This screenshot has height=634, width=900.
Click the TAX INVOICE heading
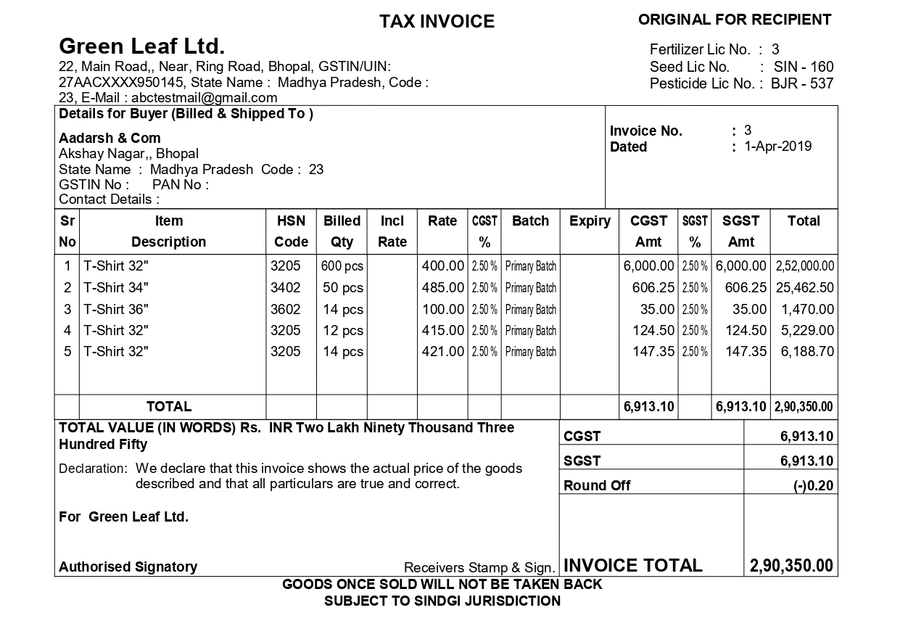[x=437, y=22]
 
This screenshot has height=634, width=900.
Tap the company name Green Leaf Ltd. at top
[x=141, y=47]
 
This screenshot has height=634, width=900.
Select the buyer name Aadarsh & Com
[x=110, y=138]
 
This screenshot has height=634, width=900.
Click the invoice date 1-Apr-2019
[x=777, y=147]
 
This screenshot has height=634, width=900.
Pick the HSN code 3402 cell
[x=285, y=288]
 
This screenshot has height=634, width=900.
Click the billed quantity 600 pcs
[x=342, y=267]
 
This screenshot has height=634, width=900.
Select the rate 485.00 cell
[x=442, y=288]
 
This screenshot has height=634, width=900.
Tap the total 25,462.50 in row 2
[x=804, y=288]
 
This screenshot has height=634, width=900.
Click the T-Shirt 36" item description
[x=116, y=309]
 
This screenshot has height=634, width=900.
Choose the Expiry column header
[x=590, y=221]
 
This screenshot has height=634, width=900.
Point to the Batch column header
[x=530, y=221]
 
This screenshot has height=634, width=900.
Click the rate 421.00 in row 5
[x=442, y=352]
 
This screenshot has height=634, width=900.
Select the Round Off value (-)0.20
[x=813, y=486]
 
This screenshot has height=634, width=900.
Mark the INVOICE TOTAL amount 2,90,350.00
[x=791, y=566]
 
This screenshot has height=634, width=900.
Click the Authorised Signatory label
[x=128, y=567]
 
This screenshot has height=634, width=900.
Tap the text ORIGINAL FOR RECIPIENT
[x=735, y=20]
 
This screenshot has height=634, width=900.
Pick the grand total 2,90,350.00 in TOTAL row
[x=804, y=407]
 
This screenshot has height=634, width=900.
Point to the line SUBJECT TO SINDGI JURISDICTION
[x=442, y=601]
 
